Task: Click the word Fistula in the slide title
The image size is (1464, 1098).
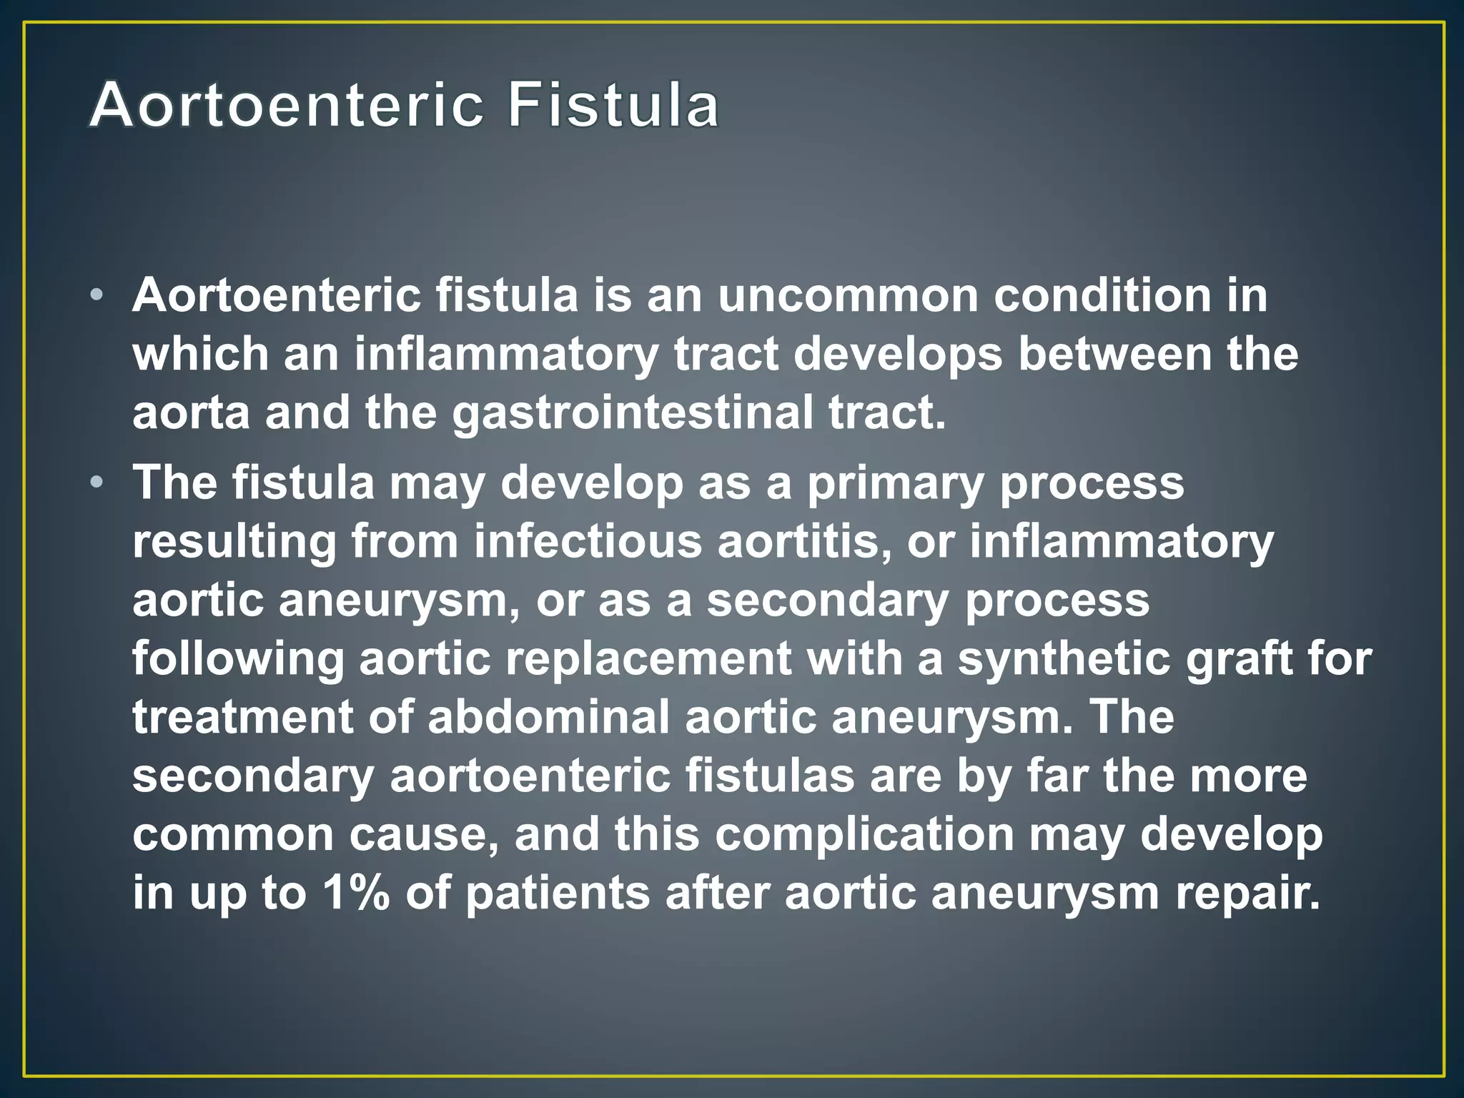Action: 613,106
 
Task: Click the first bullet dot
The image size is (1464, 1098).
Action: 98,295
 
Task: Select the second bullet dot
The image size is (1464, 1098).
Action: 98,483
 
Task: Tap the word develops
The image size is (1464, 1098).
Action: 898,355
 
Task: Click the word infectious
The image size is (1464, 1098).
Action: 588,542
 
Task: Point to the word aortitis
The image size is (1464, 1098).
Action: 804,542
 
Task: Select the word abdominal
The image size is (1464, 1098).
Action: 548,718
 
